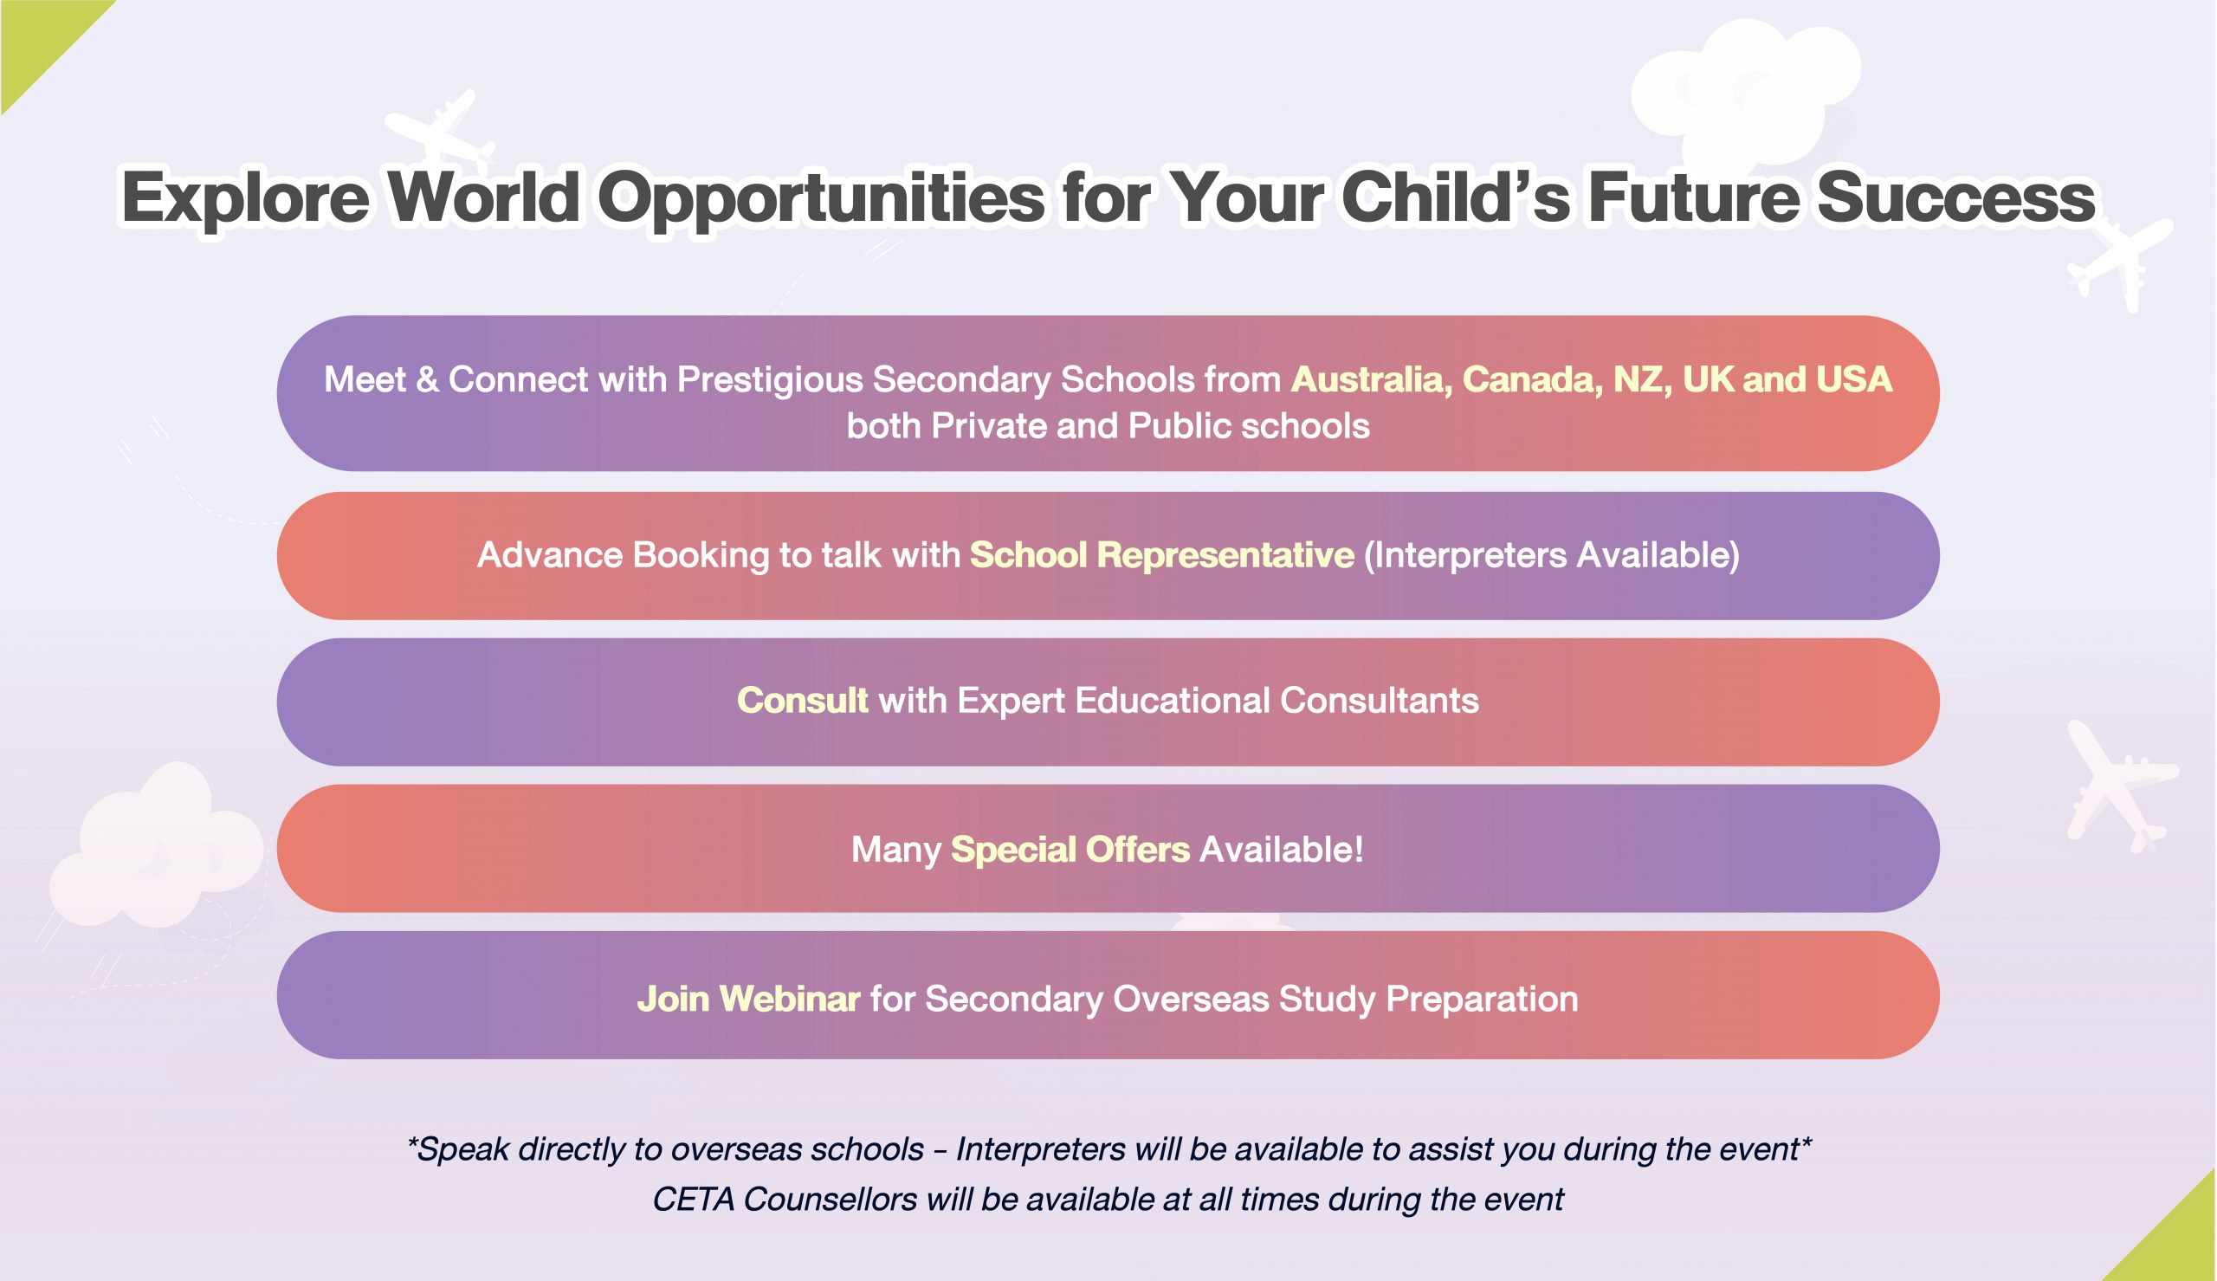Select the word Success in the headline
[1955, 197]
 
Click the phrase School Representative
[1161, 555]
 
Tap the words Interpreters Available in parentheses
[1551, 555]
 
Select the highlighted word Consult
[802, 701]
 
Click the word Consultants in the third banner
[1379, 701]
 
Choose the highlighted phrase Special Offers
[1070, 850]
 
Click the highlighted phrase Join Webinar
[748, 999]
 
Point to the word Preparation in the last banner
[1482, 1000]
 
